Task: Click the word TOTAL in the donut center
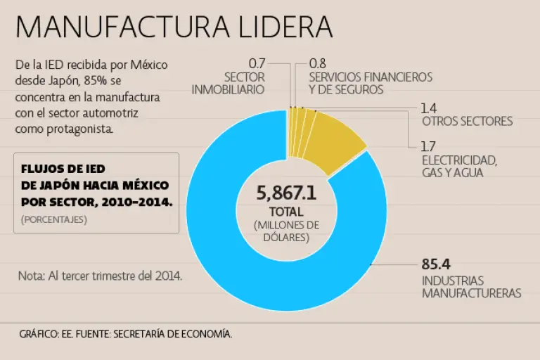click(x=286, y=212)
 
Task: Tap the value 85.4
click(x=436, y=264)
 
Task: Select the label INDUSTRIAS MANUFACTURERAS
click(x=471, y=286)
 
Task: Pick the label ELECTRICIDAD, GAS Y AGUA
click(x=459, y=166)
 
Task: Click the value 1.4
click(x=429, y=108)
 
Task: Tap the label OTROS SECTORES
click(x=467, y=121)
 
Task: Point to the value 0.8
click(x=318, y=64)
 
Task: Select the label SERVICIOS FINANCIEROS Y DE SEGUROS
click(x=371, y=83)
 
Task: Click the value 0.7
click(x=257, y=64)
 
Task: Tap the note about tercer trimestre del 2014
click(x=100, y=276)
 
